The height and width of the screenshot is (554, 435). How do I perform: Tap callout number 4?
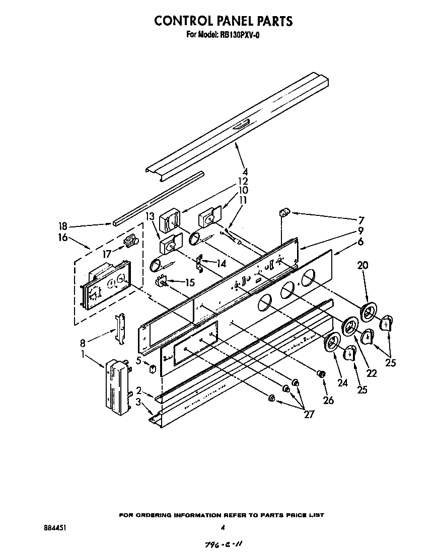click(245, 172)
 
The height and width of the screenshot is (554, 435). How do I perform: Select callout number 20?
click(364, 265)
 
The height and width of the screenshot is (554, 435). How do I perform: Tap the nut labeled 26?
click(319, 373)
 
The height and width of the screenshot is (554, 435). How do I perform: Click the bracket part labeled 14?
click(200, 263)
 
